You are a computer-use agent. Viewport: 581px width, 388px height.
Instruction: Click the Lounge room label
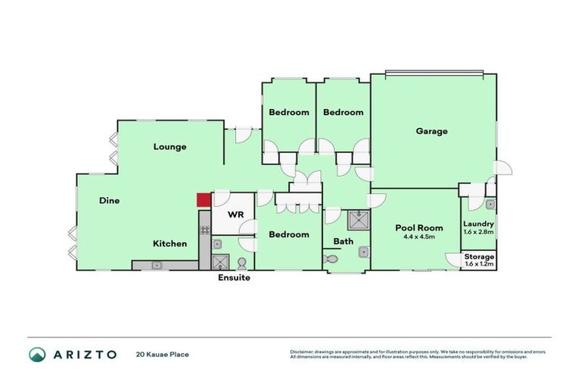point(169,146)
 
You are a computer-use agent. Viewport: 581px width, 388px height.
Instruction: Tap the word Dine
point(110,201)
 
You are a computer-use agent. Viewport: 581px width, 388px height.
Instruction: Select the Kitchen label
point(169,243)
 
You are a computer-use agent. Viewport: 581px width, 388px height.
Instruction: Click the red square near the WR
point(203,200)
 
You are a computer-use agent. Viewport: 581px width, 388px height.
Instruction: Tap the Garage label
point(431,131)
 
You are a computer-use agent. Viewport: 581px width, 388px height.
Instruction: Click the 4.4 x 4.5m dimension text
point(418,236)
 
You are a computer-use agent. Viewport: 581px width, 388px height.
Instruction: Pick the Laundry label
point(479,224)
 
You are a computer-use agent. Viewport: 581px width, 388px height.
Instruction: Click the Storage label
point(479,257)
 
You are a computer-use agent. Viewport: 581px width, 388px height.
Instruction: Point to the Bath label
point(343,242)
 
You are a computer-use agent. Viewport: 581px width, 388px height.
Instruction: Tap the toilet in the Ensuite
point(241,263)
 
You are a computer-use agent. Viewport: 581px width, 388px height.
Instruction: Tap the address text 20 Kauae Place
point(162,354)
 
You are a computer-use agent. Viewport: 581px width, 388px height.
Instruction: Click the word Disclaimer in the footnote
point(303,352)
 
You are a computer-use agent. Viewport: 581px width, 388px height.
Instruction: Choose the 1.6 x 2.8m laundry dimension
point(479,232)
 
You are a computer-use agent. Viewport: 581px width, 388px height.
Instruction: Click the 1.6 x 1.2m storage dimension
point(479,264)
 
